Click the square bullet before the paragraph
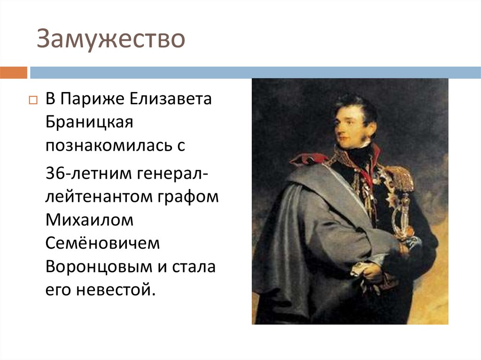(x=32, y=100)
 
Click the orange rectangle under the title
(x=14, y=73)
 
